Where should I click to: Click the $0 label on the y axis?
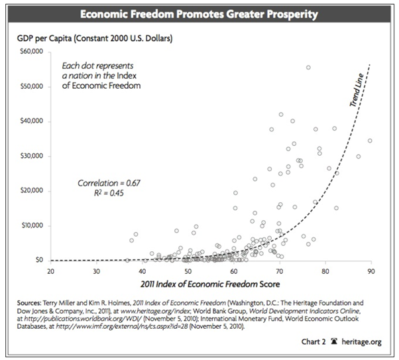point(40,260)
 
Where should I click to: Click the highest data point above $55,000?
point(308,67)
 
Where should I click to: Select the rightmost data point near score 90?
point(370,141)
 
